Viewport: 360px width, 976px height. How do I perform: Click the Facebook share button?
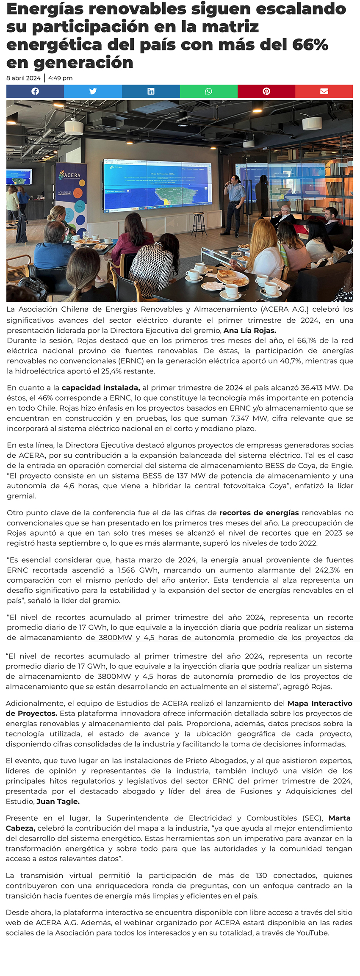pos(35,91)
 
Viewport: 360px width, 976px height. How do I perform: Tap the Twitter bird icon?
pos(93,91)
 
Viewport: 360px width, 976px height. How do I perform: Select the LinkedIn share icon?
pos(151,91)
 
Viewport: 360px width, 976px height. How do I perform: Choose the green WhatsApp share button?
pos(208,91)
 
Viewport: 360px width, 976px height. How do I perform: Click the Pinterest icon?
pos(266,91)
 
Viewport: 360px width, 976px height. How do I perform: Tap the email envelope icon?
pos(324,91)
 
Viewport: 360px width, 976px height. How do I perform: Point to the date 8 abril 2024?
pos(23,78)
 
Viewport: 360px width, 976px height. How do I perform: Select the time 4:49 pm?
pos(61,78)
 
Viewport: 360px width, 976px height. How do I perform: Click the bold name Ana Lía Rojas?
pos(250,331)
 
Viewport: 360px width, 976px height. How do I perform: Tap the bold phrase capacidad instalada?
pos(101,388)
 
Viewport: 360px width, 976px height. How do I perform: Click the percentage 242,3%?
pos(325,570)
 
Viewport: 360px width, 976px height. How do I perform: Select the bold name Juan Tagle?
pos(58,802)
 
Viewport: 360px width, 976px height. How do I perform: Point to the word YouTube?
pos(312,933)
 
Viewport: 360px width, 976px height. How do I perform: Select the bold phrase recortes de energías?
pos(259,513)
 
